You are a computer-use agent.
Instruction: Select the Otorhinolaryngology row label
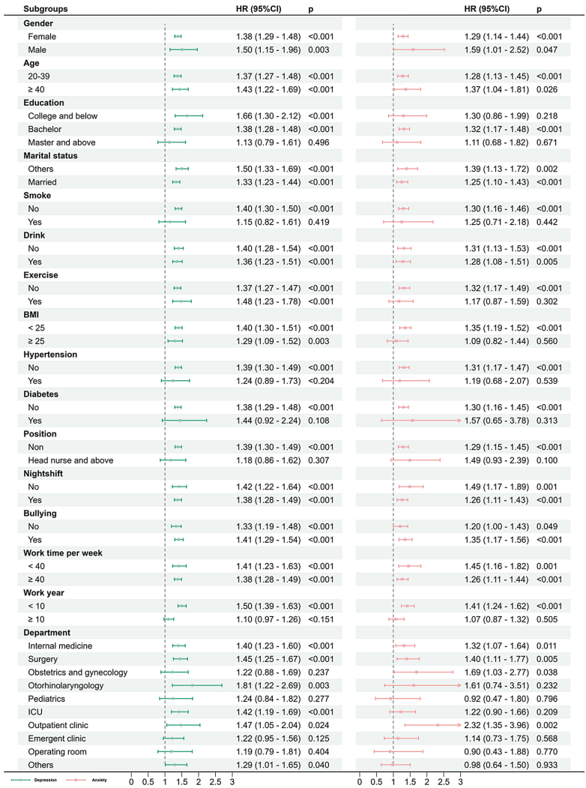pos(65,685)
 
